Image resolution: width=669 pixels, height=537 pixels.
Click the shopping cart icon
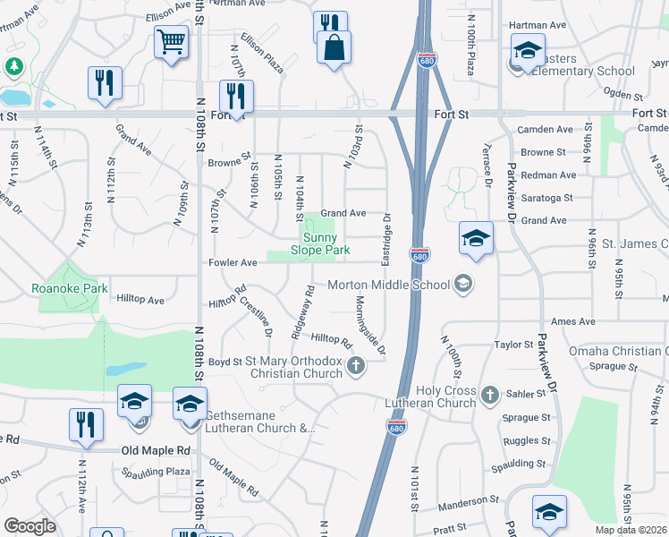(171, 40)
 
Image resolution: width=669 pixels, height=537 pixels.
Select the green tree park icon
(14, 66)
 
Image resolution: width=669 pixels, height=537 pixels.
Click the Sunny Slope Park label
(326, 243)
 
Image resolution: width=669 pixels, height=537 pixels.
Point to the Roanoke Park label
(70, 288)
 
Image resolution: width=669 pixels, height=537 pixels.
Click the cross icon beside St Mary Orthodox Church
(356, 364)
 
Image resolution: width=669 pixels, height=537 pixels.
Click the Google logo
(30, 525)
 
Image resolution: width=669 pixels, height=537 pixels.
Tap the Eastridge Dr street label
(387, 238)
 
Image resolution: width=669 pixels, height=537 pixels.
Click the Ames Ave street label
(573, 321)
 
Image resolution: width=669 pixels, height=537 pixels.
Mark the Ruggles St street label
(527, 440)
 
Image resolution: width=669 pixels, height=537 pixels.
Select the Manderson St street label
(468, 501)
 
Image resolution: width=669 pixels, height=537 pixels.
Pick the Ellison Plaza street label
(261, 56)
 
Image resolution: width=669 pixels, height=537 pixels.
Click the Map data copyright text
(631, 530)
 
